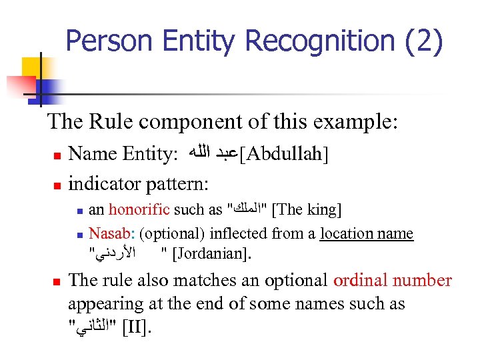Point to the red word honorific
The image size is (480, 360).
139,211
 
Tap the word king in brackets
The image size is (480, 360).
323,211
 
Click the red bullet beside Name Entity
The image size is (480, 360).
57,155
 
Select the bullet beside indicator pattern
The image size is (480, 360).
57,183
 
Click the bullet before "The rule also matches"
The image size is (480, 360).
57,281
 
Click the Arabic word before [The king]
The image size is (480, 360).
248,211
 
